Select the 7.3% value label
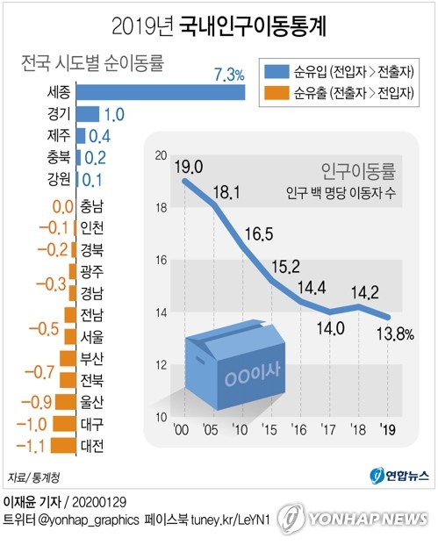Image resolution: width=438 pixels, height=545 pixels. tap(228, 75)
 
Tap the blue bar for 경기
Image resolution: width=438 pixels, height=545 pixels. tap(88, 113)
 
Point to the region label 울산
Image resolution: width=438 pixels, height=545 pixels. tap(91, 402)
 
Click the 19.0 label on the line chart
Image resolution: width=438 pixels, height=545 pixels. tap(188, 167)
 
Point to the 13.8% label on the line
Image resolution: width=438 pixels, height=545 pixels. tap(394, 334)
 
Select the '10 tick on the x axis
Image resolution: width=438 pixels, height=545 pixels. tap(239, 429)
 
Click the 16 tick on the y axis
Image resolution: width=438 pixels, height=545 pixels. tap(159, 260)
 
